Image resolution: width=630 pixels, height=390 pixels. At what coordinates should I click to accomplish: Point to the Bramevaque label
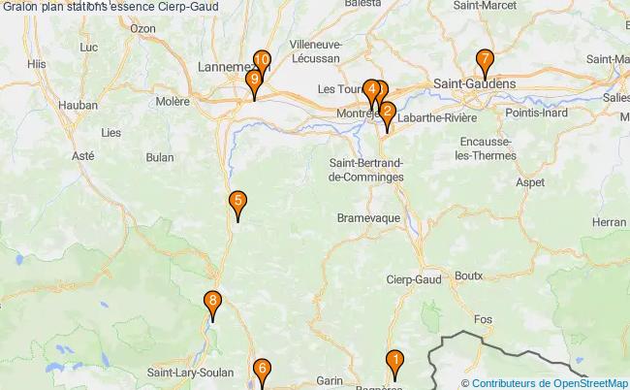pyautogui.click(x=368, y=219)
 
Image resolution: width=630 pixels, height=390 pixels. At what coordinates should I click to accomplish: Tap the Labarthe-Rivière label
pyautogui.click(x=437, y=118)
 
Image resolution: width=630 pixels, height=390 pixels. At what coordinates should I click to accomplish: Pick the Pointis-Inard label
pyautogui.click(x=536, y=113)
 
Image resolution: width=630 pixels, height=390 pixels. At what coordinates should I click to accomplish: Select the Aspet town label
pyautogui.click(x=531, y=181)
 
